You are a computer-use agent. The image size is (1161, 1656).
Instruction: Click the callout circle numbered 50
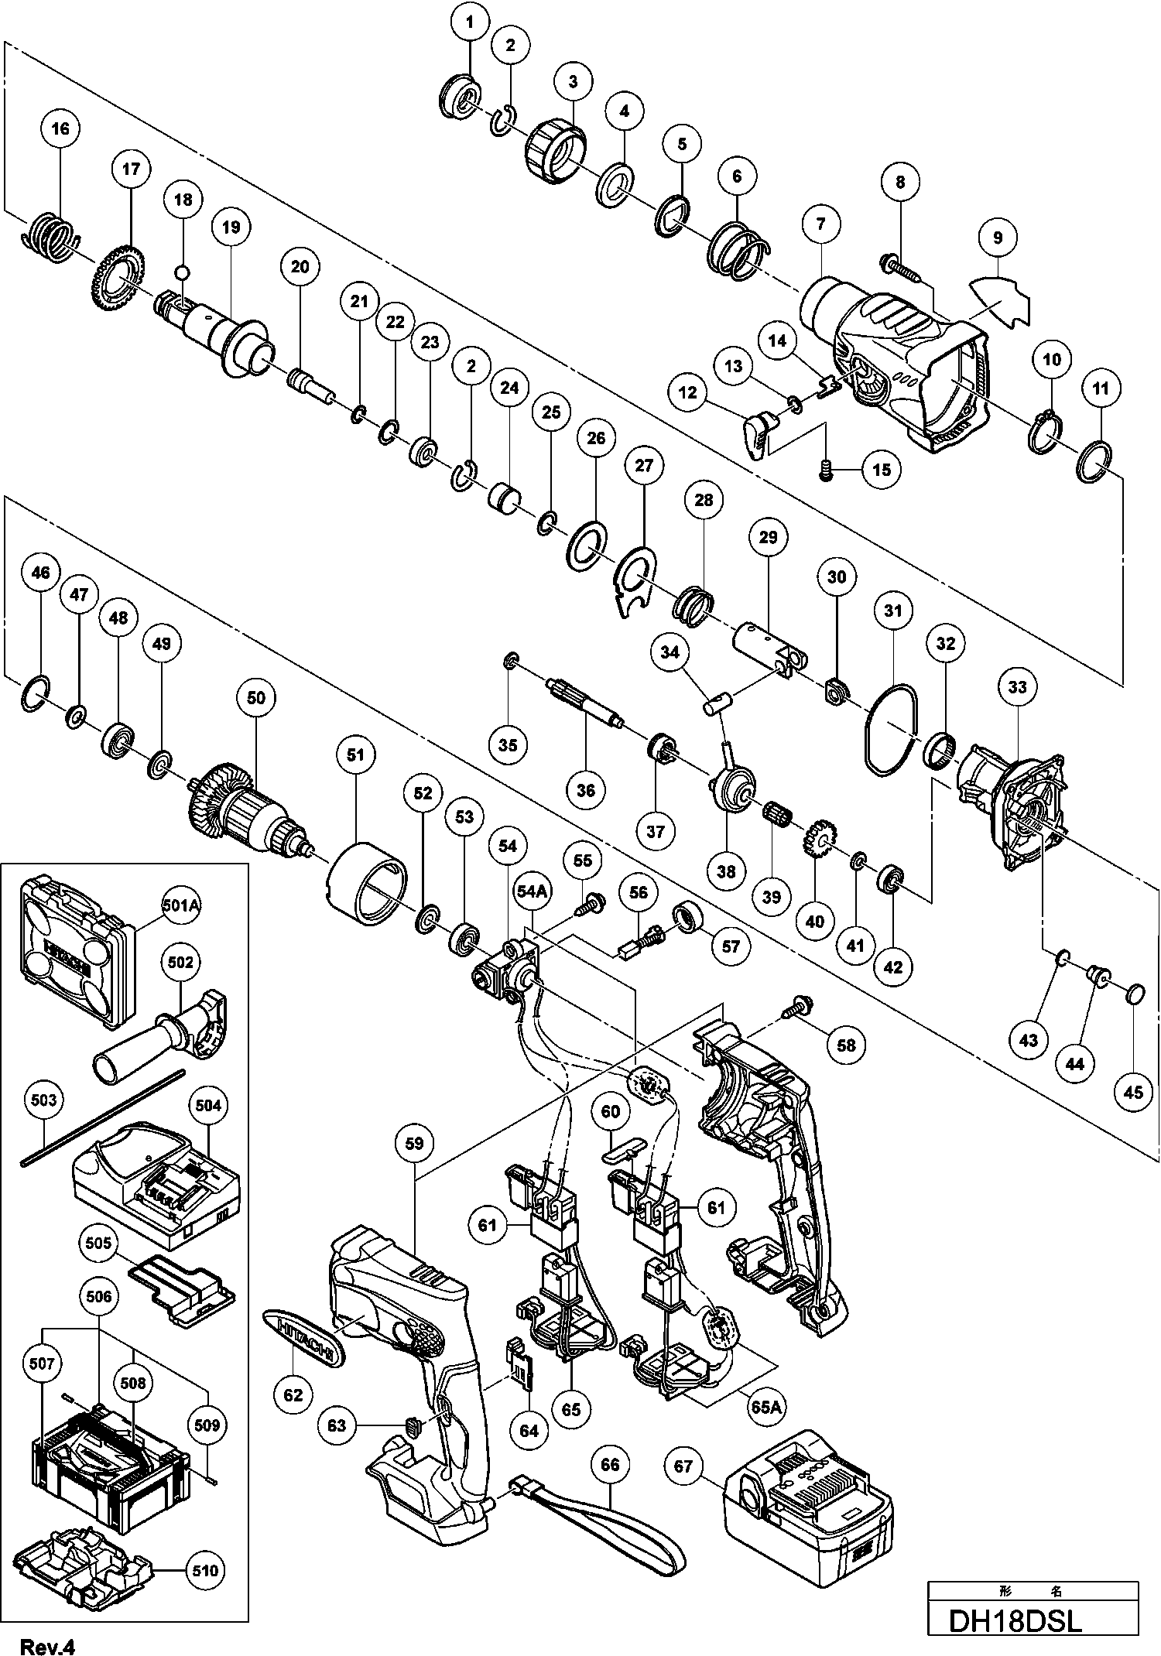pyautogui.click(x=256, y=697)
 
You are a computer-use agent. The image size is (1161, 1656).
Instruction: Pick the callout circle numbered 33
pyautogui.click(x=1017, y=686)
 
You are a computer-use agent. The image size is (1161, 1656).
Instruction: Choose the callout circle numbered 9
pyautogui.click(x=997, y=238)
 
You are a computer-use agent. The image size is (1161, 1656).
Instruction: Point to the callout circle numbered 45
pyautogui.click(x=1133, y=1093)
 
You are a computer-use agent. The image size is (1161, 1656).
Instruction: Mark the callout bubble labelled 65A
pyautogui.click(x=765, y=1407)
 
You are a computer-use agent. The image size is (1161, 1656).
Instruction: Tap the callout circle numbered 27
pyautogui.click(x=644, y=466)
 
